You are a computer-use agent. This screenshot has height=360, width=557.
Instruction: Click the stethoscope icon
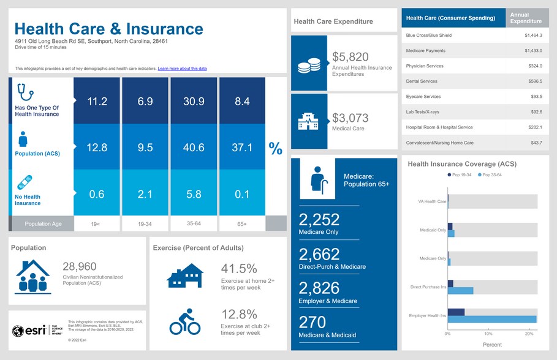click(25, 92)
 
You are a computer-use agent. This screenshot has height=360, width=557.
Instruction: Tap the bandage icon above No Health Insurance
click(25, 182)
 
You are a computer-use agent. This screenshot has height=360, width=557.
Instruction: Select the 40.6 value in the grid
click(194, 148)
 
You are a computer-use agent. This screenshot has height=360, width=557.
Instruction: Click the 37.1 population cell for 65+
click(242, 148)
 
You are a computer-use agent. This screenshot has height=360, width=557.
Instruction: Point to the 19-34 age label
click(145, 224)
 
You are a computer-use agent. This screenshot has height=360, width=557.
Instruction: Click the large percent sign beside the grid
click(276, 148)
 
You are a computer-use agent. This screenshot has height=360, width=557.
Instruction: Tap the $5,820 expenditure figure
click(350, 57)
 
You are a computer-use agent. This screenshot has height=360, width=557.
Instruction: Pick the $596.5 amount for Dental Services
click(533, 81)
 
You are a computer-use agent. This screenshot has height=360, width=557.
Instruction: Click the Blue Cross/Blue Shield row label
click(430, 36)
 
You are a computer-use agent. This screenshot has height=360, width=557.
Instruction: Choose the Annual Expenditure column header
click(526, 18)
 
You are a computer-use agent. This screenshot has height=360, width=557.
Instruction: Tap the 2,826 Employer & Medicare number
click(319, 288)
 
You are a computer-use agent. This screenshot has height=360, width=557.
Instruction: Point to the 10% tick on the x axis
click(488, 334)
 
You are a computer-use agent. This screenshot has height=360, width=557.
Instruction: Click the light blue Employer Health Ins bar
click(492, 319)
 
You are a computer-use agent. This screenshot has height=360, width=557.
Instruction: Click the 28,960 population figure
click(80, 266)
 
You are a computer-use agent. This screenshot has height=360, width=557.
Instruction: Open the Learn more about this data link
click(182, 69)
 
